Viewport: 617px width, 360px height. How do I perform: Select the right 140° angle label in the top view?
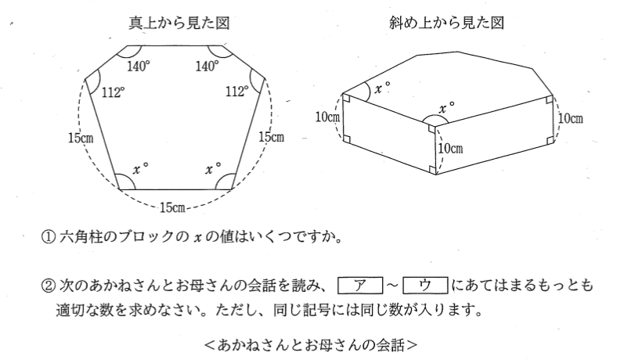tap(207, 67)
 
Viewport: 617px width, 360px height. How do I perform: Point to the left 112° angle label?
tap(114, 92)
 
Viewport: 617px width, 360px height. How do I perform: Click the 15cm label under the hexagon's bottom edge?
tap(173, 207)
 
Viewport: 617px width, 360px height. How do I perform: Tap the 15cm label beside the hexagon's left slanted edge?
tap(81, 138)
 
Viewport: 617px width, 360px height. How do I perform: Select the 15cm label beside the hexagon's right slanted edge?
tap(270, 138)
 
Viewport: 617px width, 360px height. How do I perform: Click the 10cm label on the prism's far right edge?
tap(569, 118)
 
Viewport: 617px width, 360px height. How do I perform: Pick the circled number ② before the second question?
tap(47, 284)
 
